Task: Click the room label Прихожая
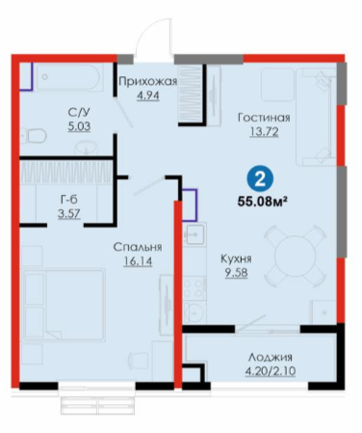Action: pos(147,81)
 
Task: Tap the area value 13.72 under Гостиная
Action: pos(264,132)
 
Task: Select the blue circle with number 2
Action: pos(260,179)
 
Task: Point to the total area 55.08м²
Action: pos(262,202)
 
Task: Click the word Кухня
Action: pos(236,258)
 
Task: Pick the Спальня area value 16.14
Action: pos(138,261)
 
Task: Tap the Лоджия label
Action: pos(271,357)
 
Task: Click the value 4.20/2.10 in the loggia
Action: pos(271,371)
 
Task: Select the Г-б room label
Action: pos(69,200)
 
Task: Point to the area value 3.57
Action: pos(69,213)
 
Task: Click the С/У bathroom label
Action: pos(79,113)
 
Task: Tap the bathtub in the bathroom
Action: pos(68,77)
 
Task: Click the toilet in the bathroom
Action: pos(34,136)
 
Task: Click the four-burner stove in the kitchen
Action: pos(194,288)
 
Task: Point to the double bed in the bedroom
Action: pos(65,305)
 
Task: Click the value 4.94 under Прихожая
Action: pos(148,95)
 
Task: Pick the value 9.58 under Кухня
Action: pos(236,273)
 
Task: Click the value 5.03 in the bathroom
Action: pos(79,126)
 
